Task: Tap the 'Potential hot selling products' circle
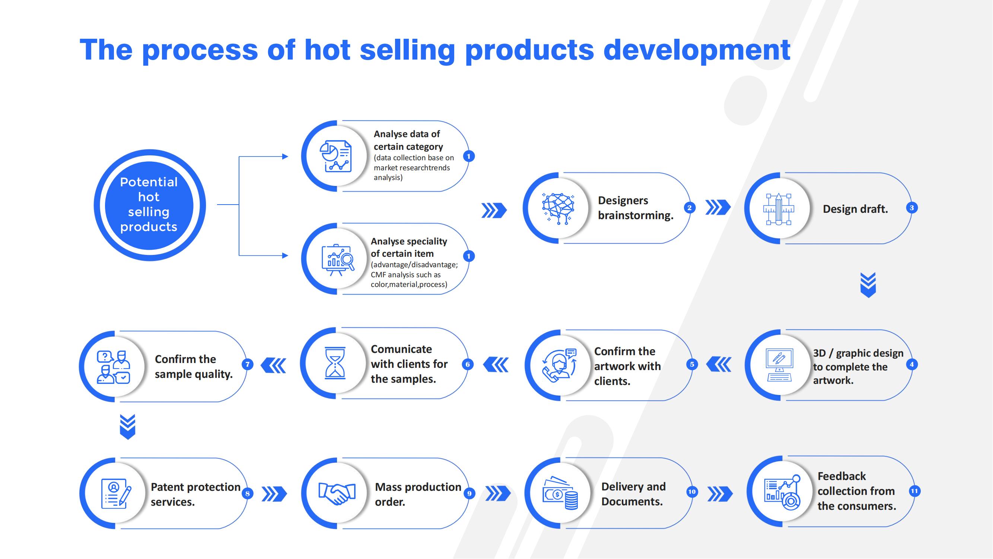[x=150, y=205]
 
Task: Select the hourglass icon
[x=335, y=363]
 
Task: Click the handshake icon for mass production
[x=337, y=493]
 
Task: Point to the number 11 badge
[x=914, y=491]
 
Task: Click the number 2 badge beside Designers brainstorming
[x=690, y=208]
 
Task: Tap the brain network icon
[x=558, y=208]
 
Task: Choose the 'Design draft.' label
[x=855, y=209]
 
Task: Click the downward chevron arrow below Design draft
[x=868, y=285]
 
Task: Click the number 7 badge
[x=248, y=364]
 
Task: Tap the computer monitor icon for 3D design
[x=779, y=365]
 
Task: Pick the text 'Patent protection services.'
[x=195, y=494]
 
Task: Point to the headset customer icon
[x=559, y=365]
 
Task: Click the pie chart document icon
[x=336, y=156]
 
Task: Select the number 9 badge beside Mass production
[x=469, y=493]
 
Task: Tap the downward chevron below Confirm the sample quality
[x=128, y=427]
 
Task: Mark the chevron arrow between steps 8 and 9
[x=274, y=494]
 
